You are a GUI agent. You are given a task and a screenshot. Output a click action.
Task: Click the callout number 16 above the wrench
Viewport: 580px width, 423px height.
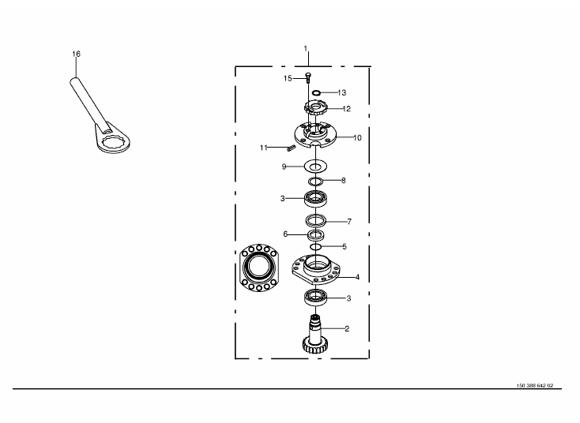click(76, 54)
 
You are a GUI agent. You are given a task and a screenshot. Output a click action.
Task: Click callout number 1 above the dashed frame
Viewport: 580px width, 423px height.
click(306, 48)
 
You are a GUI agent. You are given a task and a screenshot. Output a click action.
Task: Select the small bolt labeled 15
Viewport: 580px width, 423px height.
click(307, 77)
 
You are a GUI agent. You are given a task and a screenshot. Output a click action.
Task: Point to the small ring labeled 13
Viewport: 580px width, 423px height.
click(316, 92)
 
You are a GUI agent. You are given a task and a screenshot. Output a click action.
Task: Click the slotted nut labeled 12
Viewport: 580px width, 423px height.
click(315, 108)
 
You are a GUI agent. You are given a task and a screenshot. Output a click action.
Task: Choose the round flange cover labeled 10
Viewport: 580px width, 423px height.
click(315, 135)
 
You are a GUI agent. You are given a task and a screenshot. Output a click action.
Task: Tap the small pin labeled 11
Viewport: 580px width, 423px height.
click(291, 148)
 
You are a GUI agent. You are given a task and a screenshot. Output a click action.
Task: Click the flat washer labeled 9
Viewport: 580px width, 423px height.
click(315, 167)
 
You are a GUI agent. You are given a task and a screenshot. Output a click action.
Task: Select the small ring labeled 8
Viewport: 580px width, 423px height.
click(315, 181)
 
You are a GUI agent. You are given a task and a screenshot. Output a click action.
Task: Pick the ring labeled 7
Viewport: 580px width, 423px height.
click(316, 220)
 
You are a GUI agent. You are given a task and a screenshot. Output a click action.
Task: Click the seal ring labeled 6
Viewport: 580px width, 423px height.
click(315, 234)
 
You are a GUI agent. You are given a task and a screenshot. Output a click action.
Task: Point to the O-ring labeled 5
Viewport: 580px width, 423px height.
click(315, 246)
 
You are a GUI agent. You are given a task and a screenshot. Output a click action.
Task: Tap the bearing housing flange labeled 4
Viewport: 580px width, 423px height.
click(315, 270)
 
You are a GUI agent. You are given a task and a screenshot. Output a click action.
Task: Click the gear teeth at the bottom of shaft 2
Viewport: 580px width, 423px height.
click(315, 346)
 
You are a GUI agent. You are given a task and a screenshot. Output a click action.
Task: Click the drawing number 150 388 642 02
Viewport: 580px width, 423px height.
click(535, 386)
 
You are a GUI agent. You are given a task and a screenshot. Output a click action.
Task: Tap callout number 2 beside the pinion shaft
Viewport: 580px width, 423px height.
click(347, 328)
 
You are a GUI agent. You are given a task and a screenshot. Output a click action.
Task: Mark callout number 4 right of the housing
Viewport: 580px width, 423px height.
click(357, 277)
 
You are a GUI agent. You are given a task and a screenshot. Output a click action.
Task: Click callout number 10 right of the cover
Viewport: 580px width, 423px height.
click(357, 138)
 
